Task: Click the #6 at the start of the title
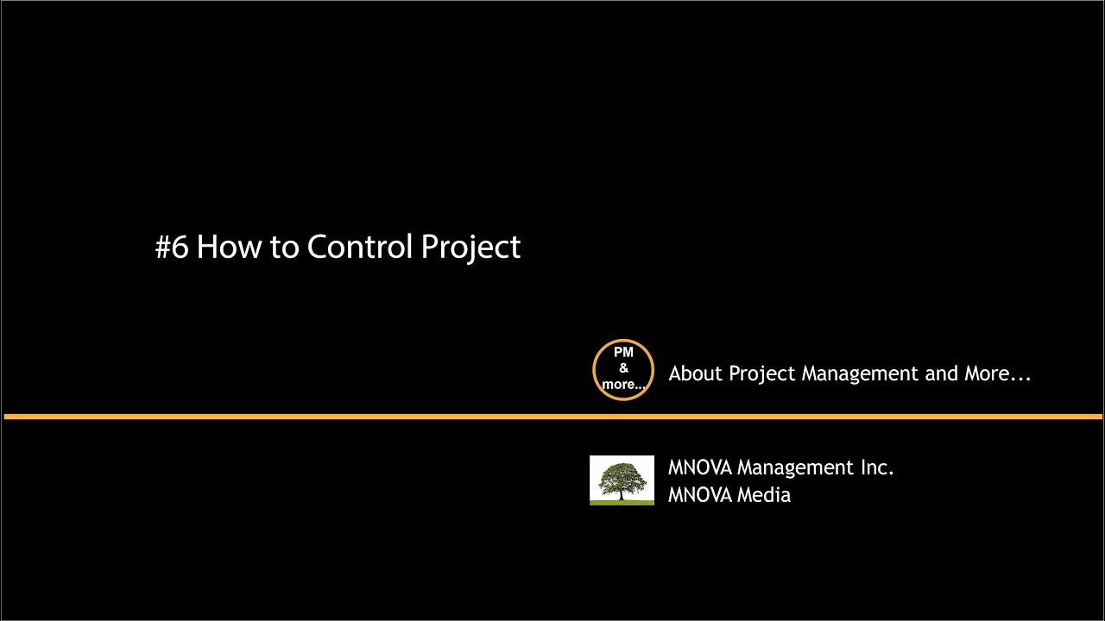(x=171, y=248)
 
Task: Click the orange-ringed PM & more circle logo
(x=623, y=370)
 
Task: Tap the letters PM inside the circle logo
(x=623, y=353)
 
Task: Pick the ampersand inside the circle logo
(x=623, y=369)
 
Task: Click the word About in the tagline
(x=696, y=373)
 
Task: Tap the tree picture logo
(x=622, y=480)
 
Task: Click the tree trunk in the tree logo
(x=622, y=492)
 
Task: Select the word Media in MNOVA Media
(x=764, y=495)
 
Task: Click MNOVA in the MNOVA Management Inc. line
(x=699, y=467)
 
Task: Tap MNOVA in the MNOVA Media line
(x=699, y=495)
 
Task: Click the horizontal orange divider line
(x=345, y=417)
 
